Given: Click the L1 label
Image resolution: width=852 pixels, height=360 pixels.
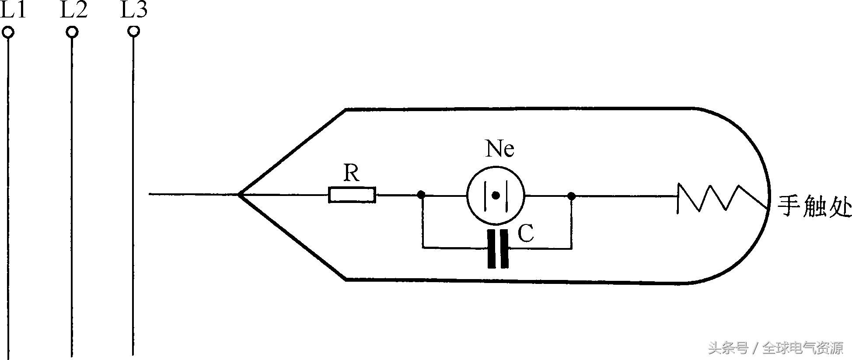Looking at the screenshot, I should (x=13, y=10).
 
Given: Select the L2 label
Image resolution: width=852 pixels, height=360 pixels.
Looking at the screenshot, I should (x=73, y=10).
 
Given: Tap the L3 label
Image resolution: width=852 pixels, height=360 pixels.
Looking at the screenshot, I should (x=134, y=10).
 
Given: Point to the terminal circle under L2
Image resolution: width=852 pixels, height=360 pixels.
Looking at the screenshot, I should (x=72, y=32).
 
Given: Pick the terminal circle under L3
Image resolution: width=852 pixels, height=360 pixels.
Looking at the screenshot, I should (x=134, y=31).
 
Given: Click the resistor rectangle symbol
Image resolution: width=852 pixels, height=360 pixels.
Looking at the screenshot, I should (x=352, y=195).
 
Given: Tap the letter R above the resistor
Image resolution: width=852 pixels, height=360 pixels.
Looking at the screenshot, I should (x=351, y=174).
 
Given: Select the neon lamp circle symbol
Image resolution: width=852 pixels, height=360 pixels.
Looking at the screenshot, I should (x=496, y=195).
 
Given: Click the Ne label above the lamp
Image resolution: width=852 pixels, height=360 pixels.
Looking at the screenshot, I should (x=499, y=149).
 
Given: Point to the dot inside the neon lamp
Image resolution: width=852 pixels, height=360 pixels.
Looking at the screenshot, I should (x=496, y=195).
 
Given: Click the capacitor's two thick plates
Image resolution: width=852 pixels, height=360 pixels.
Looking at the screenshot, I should (x=498, y=248).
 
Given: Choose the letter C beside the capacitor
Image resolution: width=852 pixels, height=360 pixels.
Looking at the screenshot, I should (x=526, y=234).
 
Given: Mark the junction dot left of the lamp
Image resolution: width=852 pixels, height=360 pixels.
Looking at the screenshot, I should (x=421, y=195).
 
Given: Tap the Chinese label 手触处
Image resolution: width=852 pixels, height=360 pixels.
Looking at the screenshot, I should (x=814, y=207).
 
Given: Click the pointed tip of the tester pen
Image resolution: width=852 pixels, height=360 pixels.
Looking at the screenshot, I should (x=239, y=194).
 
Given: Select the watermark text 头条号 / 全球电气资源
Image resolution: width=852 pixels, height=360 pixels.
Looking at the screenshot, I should (x=775, y=348).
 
